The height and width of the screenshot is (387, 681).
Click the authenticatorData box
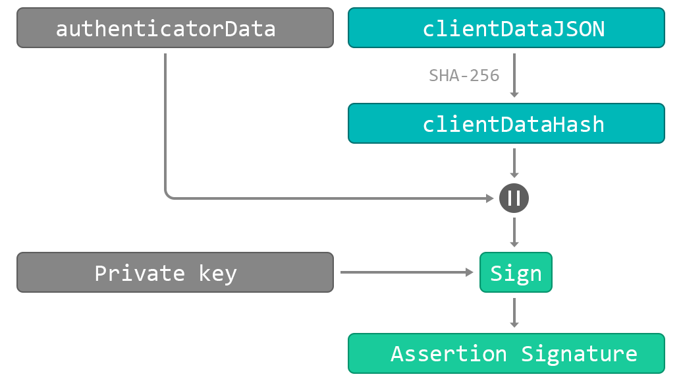[x=166, y=28]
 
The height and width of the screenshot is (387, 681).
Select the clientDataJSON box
[x=506, y=28]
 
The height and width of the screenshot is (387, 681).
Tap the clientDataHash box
[x=506, y=124]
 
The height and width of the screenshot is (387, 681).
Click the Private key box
[x=175, y=272]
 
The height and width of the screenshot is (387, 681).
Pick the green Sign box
[x=516, y=272]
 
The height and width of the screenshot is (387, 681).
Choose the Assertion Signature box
[x=506, y=353]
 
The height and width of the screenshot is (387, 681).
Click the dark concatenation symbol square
[x=514, y=198]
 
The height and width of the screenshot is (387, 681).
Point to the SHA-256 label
[x=464, y=75]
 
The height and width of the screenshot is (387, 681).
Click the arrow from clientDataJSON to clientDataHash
[x=514, y=76]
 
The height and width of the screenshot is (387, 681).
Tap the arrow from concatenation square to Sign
[x=514, y=232]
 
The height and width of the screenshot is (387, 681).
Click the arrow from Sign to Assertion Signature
[x=514, y=313]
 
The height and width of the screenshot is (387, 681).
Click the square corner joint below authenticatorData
[x=175, y=189]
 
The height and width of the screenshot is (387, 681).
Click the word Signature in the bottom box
[x=579, y=354]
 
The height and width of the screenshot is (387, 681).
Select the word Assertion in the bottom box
[x=449, y=354]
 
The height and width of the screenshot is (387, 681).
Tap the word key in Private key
[x=217, y=273]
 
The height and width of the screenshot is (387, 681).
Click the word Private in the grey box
[x=140, y=273]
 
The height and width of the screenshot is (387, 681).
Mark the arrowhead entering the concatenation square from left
[x=489, y=198]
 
